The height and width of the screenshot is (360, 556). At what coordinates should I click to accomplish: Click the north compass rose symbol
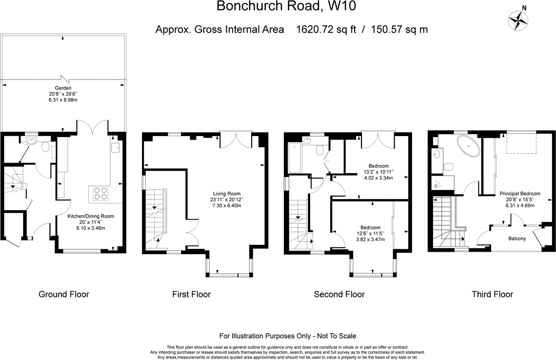coord(519,20)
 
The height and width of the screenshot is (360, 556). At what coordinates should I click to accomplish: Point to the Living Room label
coord(227,194)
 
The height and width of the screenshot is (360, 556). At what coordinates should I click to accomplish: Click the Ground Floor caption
coord(64,294)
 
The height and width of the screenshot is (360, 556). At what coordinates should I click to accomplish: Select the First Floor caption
coord(191,294)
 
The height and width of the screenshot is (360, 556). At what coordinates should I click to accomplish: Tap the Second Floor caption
coord(339,294)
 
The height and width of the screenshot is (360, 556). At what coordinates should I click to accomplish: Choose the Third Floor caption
coord(492,294)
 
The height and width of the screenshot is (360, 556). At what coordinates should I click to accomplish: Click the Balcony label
coord(517,239)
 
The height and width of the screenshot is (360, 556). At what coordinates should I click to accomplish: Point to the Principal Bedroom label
coord(520,194)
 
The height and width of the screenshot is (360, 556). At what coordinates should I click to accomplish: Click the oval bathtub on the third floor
coord(468,147)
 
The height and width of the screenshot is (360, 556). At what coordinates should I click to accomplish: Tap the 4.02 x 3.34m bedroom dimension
coord(378,178)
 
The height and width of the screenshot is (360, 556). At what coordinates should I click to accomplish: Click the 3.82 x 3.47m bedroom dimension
coord(370,240)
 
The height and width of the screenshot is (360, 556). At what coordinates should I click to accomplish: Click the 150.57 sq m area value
coord(399,29)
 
